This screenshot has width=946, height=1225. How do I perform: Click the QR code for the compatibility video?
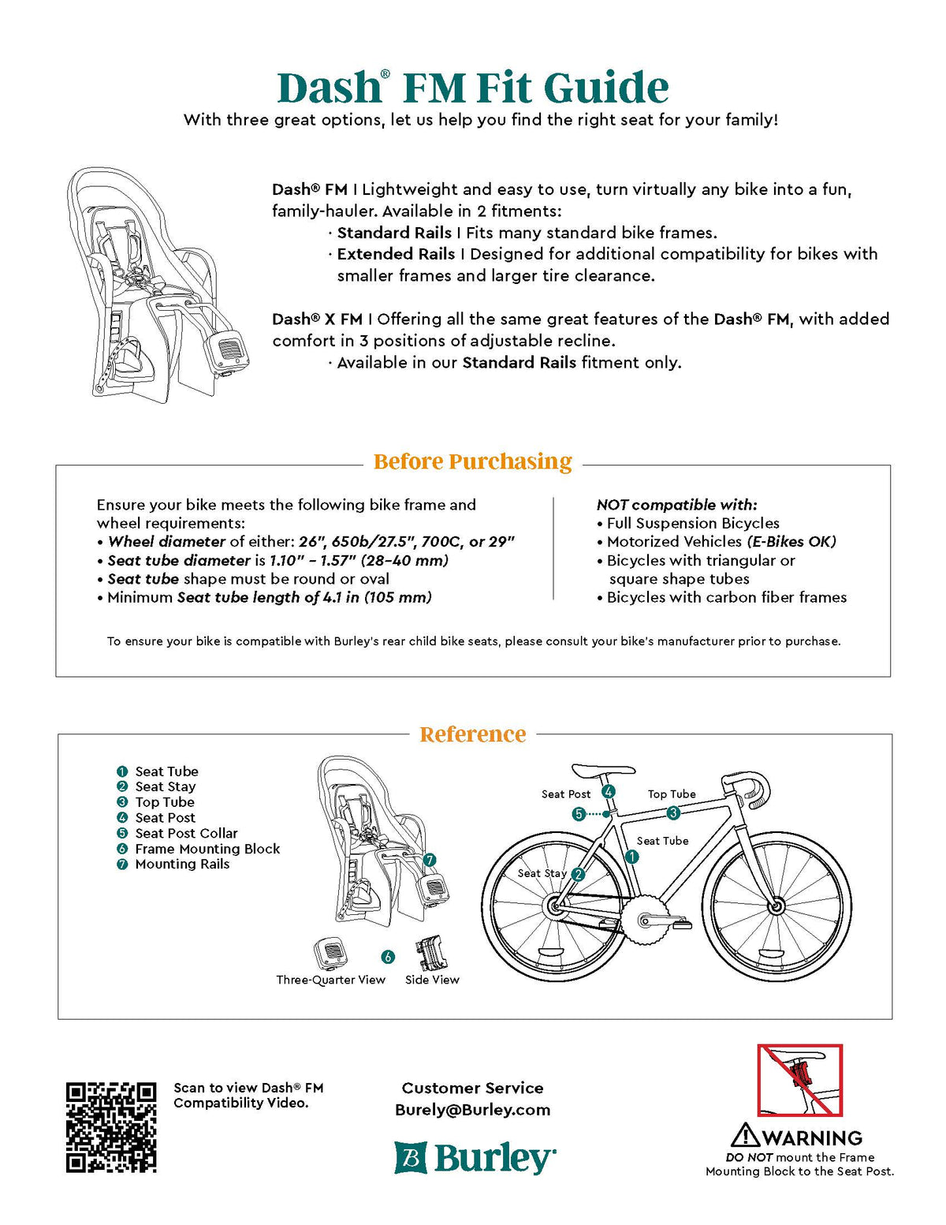[x=111, y=1126]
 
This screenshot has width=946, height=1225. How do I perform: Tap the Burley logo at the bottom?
[x=475, y=1158]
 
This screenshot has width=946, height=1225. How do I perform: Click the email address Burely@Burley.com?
[x=472, y=1110]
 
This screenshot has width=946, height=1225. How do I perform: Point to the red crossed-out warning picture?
[x=799, y=1080]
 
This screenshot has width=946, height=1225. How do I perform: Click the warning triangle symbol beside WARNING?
[x=744, y=1136]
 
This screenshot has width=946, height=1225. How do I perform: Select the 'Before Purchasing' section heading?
[x=472, y=461]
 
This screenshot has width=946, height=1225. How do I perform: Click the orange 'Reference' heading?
[x=472, y=734]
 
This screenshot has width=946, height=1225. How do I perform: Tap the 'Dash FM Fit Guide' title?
[x=472, y=88]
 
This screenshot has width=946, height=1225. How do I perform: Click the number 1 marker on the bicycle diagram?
[x=631, y=857]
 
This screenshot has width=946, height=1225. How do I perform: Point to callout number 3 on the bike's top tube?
[x=673, y=812]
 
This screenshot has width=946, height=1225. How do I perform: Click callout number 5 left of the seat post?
[x=579, y=814]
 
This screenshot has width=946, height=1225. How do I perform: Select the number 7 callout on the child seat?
[x=430, y=860]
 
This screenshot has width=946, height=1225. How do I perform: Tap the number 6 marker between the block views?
[x=388, y=957]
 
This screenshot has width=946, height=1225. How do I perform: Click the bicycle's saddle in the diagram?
[x=603, y=771]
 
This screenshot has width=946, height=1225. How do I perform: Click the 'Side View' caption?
[x=432, y=980]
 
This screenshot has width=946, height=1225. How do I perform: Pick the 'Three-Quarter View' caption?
[x=330, y=980]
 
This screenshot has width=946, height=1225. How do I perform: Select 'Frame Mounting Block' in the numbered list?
[x=207, y=849]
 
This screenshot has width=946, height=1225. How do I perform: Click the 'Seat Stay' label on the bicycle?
[x=542, y=873]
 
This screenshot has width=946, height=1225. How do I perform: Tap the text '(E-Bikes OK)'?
[x=791, y=542]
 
